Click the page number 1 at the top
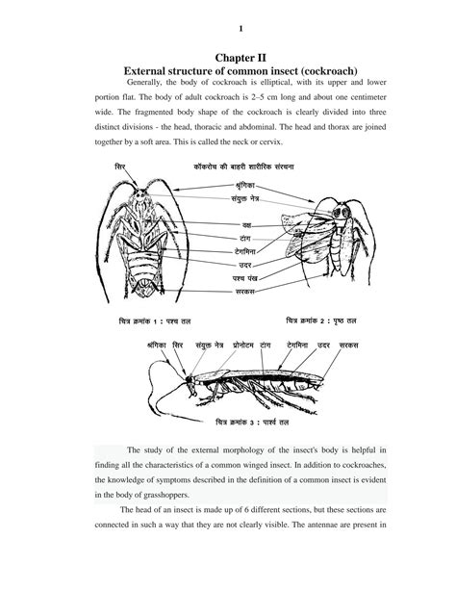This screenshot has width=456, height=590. [x=227, y=28]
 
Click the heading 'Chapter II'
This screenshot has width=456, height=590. [x=228, y=59]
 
